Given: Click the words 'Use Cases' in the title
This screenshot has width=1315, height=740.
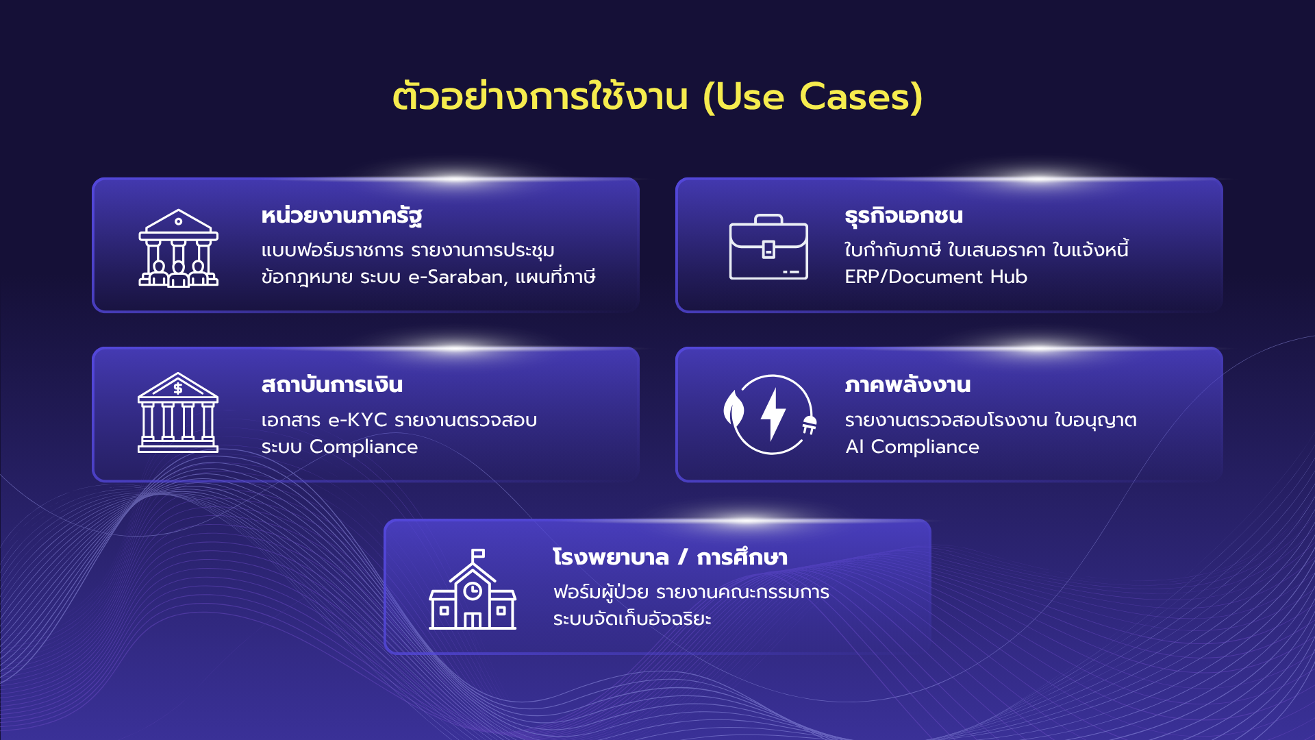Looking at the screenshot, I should pos(813,97).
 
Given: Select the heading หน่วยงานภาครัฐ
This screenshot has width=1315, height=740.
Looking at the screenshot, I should pos(341,216).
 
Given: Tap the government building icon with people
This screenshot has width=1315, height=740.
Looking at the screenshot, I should pos(178,247).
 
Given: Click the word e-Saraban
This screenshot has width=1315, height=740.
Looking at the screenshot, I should pos(457,277).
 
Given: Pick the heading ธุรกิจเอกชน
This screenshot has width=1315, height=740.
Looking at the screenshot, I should pos(903,216).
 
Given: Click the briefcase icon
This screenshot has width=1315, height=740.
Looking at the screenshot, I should pos(768,247).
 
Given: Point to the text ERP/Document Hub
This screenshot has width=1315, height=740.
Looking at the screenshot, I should pos(936,277).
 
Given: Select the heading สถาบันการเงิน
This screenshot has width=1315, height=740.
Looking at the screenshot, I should pos(331,385).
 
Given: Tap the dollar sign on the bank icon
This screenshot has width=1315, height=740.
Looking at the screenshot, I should pos(178,388).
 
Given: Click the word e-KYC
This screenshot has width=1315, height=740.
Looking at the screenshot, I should pos(358,419).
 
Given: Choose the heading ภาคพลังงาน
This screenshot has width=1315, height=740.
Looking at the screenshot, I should pos(907,385).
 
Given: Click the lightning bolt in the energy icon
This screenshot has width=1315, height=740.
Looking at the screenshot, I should pos(773,414).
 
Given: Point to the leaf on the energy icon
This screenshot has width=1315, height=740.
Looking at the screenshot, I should pos(734,409).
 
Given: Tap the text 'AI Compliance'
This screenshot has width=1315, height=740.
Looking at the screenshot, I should pos(912,447).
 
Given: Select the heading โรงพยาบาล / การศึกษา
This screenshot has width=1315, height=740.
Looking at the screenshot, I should pos(670,557).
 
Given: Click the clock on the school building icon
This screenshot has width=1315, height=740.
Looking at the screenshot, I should pos(473,591).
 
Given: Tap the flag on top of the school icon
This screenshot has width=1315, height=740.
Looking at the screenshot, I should pos(478,554).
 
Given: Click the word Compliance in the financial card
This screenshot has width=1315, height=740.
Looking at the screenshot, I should pos(363,447).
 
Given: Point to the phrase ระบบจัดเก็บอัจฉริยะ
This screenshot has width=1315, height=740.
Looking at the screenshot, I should pos(631,619).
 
